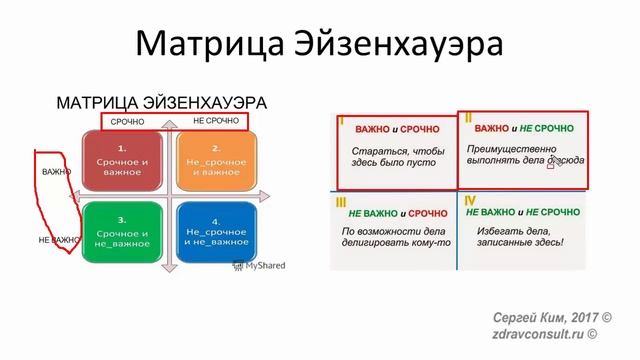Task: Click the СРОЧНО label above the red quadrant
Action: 127,122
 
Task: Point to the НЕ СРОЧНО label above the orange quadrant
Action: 215,121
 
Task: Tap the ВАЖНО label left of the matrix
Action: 57,172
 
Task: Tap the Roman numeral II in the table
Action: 468,119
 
